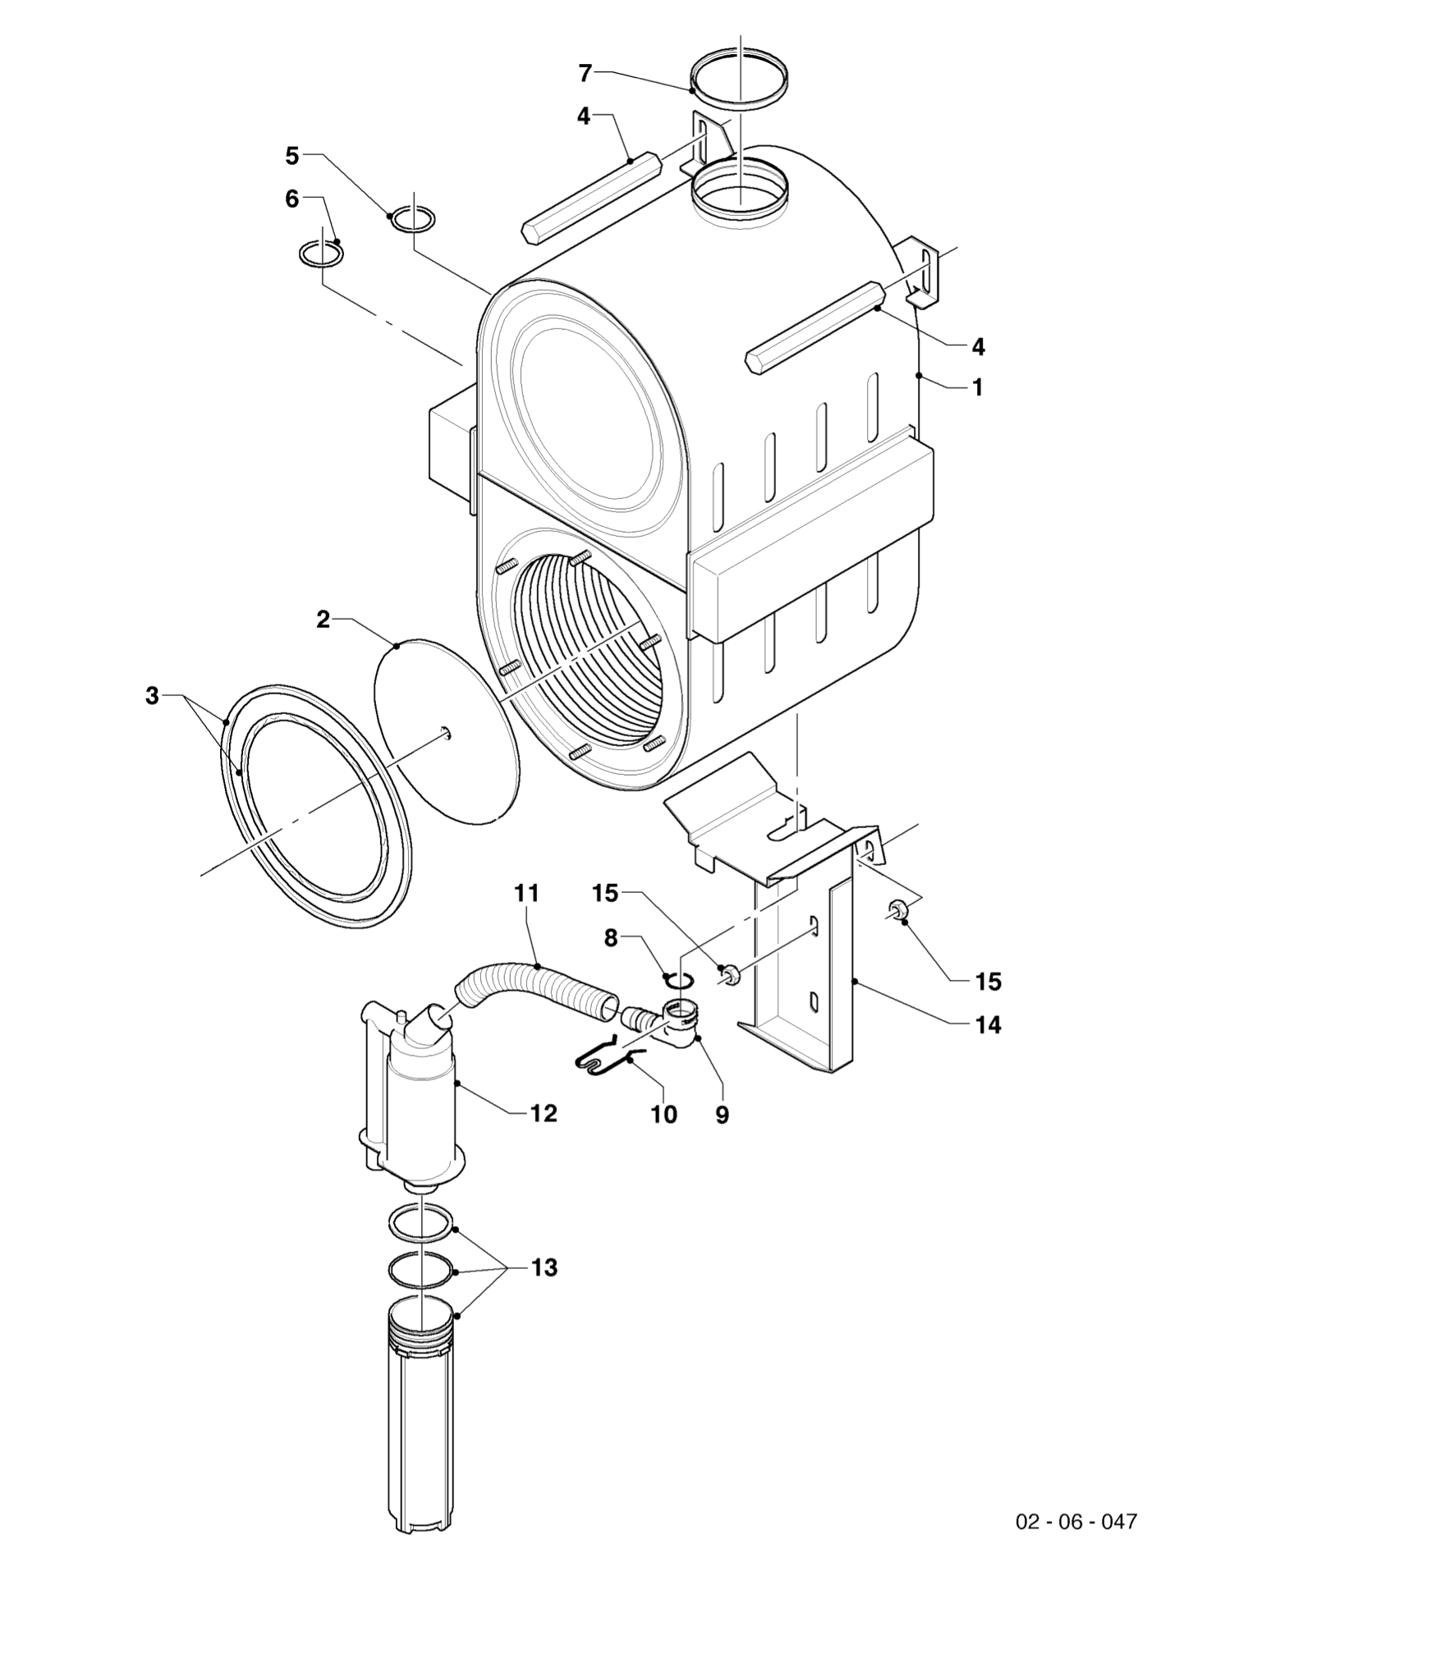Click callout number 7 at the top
pyautogui.click(x=585, y=74)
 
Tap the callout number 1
pyautogui.click(x=977, y=387)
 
